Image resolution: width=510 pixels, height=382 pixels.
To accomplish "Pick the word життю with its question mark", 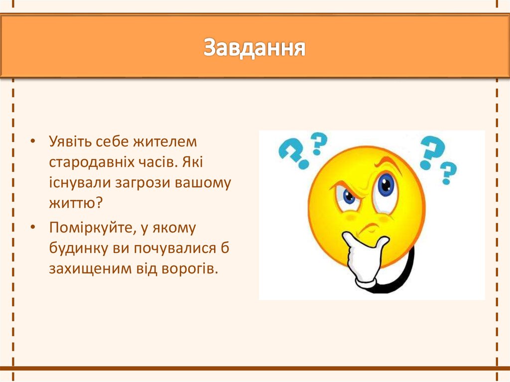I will pyautogui.click(x=75, y=204).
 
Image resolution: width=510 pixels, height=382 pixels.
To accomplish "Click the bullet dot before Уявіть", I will pyautogui.click(x=32, y=142).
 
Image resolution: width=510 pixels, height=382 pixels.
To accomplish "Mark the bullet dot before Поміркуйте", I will pyautogui.click(x=32, y=229).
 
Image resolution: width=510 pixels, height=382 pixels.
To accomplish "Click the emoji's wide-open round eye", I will pyautogui.click(x=386, y=187).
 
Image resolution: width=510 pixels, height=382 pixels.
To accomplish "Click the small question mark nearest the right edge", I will pyautogui.click(x=448, y=172).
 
